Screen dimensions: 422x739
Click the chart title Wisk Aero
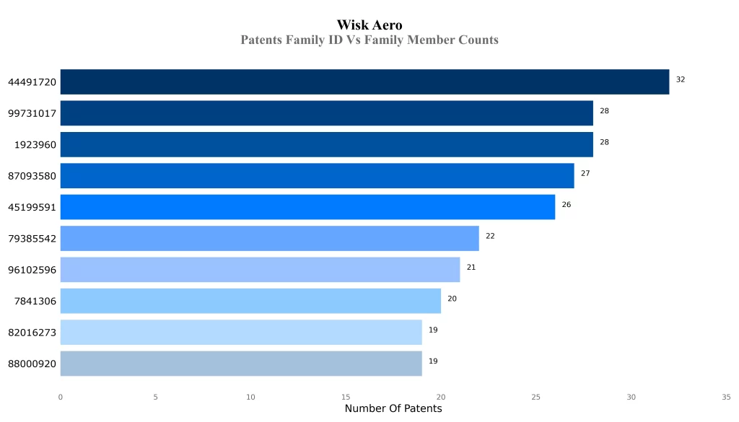[x=369, y=25]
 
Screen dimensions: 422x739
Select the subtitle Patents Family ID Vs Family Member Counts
[x=369, y=40]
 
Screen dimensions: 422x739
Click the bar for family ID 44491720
[x=364, y=82]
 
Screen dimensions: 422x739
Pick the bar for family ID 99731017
[x=326, y=113]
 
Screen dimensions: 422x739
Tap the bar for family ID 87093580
[x=317, y=175]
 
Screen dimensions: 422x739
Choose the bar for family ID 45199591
[x=307, y=207]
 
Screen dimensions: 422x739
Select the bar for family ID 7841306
[x=250, y=301]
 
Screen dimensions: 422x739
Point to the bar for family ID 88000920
[x=241, y=364]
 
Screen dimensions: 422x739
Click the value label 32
[x=681, y=79]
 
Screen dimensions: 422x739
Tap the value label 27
[x=585, y=173]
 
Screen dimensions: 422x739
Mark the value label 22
[x=490, y=236]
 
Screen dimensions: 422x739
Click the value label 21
[x=471, y=267]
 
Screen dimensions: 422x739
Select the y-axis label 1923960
[x=35, y=145]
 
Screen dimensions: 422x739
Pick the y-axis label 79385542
[x=32, y=239]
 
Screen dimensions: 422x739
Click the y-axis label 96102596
[x=32, y=270]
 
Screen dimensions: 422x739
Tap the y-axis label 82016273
[x=32, y=333]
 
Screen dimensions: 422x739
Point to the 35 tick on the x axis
[x=726, y=397]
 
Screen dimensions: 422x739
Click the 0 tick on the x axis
[x=61, y=397]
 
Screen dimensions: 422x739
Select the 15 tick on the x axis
[x=346, y=397]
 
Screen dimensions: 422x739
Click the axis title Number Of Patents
[x=393, y=409]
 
